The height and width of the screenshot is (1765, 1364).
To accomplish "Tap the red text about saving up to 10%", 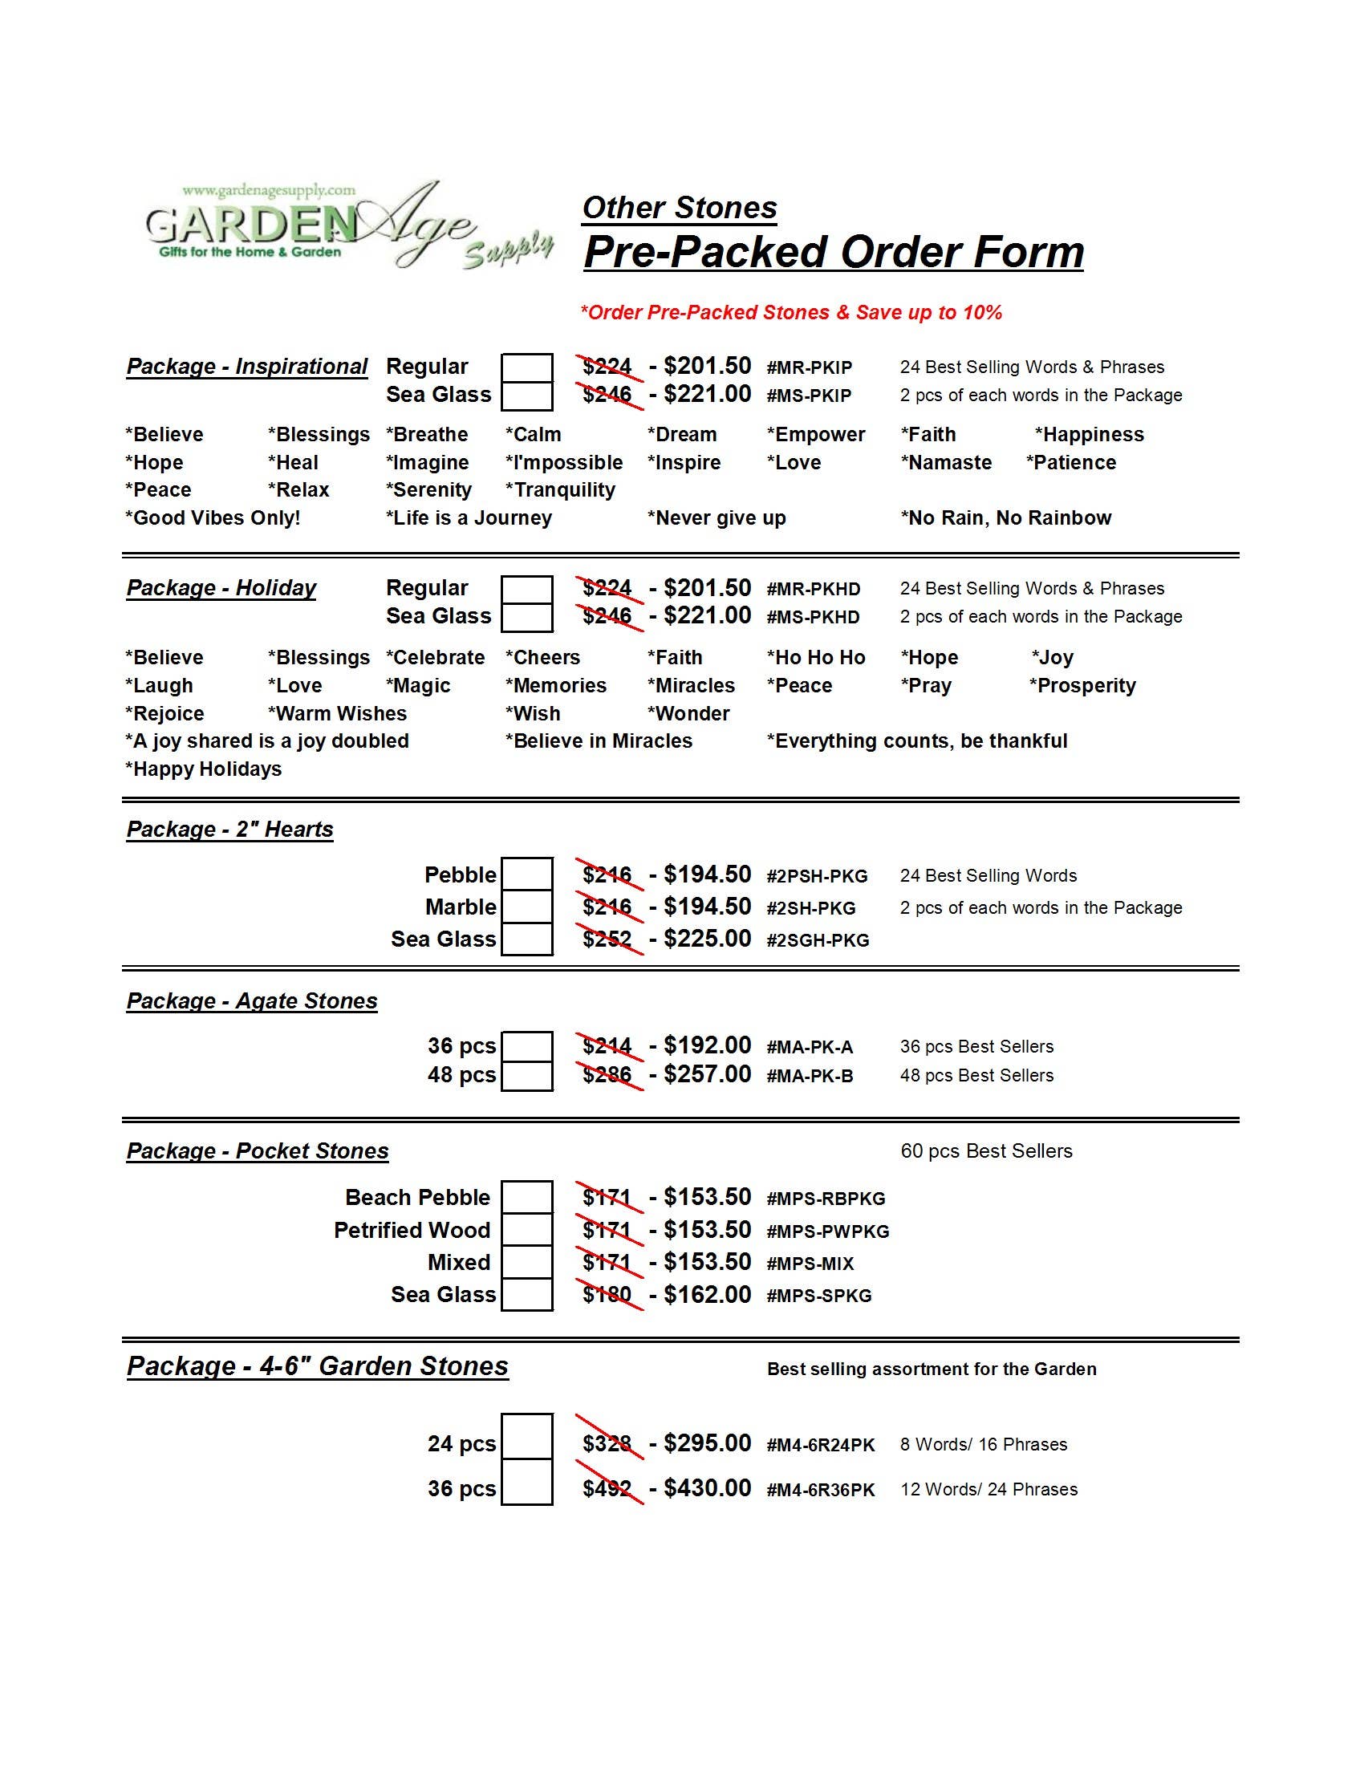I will (x=791, y=313).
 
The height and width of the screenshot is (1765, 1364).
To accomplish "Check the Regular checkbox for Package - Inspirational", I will (x=527, y=367).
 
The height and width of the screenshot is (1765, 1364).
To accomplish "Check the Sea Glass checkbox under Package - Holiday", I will (x=527, y=617).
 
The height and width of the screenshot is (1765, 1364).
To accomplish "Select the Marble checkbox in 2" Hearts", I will (x=527, y=907).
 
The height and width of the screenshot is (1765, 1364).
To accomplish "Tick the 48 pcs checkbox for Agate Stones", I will (x=527, y=1076).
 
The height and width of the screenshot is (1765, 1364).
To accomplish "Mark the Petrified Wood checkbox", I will (x=527, y=1230).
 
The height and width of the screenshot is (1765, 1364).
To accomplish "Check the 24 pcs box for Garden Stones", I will (x=527, y=1436).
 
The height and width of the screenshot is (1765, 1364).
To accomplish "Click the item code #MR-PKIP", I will (x=809, y=367).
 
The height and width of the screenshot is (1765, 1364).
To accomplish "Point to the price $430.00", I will (x=707, y=1488).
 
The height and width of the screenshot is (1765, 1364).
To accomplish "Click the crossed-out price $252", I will (x=607, y=939).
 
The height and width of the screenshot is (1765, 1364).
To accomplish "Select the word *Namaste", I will (x=946, y=462).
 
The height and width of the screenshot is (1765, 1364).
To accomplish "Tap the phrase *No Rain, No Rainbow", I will (x=1006, y=518).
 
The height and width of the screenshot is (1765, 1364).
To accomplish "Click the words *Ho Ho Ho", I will (x=815, y=658).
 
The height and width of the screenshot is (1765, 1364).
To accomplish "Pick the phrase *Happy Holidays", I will (x=204, y=769).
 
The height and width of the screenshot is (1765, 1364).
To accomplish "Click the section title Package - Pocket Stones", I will (x=258, y=1150).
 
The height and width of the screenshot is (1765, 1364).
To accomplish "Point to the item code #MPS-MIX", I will (x=810, y=1263).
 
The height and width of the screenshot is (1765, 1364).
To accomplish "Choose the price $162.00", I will (x=707, y=1295).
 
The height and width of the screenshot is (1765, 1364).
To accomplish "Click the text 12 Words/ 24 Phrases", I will (x=988, y=1490).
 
